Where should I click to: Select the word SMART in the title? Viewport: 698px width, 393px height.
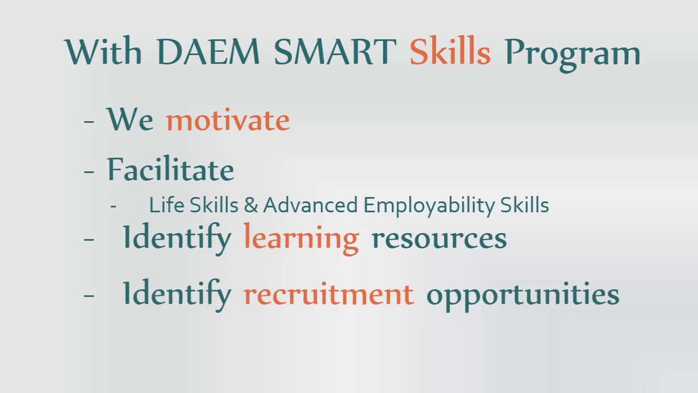pyautogui.click(x=334, y=52)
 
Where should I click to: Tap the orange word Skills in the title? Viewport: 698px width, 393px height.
pyautogui.click(x=450, y=52)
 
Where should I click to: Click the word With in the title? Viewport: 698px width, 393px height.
pyautogui.click(x=104, y=52)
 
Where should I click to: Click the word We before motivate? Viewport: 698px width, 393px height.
pyautogui.click(x=130, y=120)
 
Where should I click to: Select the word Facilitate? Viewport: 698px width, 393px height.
pyautogui.click(x=170, y=169)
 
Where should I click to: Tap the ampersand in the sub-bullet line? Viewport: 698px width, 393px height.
pyautogui.click(x=250, y=205)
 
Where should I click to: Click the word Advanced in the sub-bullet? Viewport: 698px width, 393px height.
pyautogui.click(x=311, y=205)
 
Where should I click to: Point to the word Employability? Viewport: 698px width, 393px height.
pyautogui.click(x=429, y=206)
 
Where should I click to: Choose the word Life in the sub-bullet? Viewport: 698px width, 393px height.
pyautogui.click(x=167, y=205)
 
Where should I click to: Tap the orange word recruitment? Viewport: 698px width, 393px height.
pyautogui.click(x=328, y=294)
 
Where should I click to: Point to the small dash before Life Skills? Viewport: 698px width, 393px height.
pyautogui.click(x=113, y=207)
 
